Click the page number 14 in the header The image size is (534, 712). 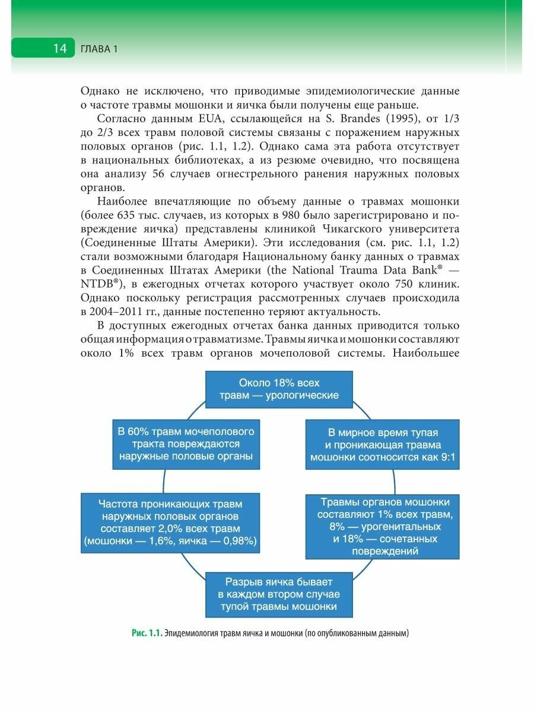click(60, 49)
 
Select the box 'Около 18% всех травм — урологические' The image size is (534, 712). click(279, 389)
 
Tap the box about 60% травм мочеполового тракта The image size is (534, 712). click(186, 444)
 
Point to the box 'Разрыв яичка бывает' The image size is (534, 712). click(279, 595)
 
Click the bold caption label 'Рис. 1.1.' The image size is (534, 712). click(147, 634)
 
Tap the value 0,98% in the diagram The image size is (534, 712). click(234, 541)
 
